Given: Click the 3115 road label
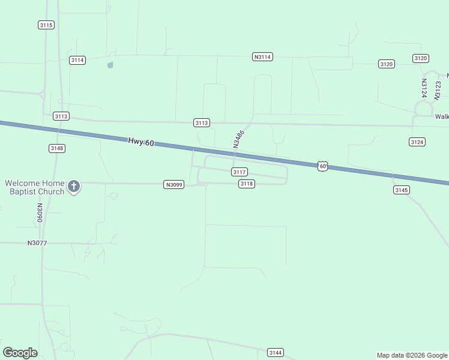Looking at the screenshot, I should tap(46, 25).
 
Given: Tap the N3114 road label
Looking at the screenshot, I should tap(262, 56).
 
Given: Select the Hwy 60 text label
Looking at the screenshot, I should tap(141, 142).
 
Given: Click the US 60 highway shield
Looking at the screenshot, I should tap(323, 166).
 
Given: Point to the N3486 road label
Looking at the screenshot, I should tap(239, 139).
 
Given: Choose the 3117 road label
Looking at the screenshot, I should tap(240, 172).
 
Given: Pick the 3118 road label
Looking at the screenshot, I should tap(247, 184).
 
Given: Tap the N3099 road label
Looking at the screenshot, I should tap(173, 185).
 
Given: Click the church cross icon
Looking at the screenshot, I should tap(74, 187).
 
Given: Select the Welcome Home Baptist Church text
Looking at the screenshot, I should tap(34, 187).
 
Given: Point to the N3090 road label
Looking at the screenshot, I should tap(39, 212).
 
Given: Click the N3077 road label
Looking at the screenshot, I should tap(37, 243).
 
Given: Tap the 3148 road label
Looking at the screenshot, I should tap(57, 148).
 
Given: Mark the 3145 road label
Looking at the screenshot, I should tap(402, 190).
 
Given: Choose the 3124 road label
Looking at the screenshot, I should tap(417, 142).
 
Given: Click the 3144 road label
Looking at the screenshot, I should tap(276, 353).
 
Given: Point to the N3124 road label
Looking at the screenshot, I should tap(423, 88).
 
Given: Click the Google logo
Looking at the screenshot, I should tap(20, 353).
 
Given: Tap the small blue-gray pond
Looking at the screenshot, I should tap(110, 65).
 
